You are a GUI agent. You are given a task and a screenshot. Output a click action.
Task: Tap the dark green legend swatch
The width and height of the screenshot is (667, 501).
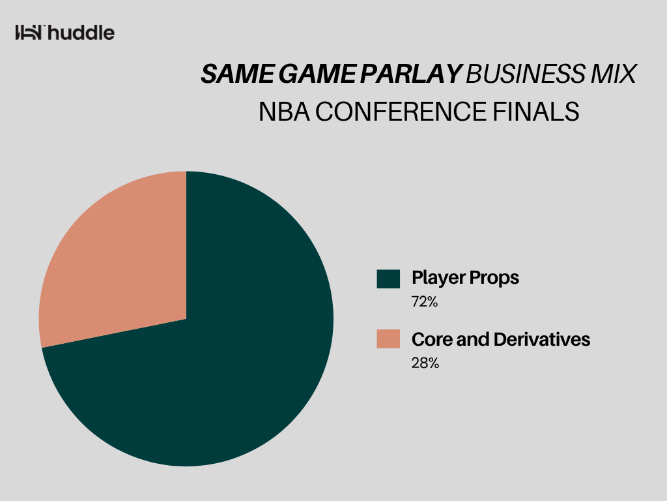(388, 279)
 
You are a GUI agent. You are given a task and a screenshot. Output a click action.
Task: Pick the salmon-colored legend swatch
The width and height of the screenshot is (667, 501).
(388, 339)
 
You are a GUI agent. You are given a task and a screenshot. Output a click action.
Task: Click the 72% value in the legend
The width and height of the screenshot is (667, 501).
(425, 301)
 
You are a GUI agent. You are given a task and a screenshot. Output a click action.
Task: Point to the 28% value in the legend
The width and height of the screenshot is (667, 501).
(425, 363)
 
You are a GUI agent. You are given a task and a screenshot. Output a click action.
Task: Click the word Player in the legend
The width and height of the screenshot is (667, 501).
(438, 278)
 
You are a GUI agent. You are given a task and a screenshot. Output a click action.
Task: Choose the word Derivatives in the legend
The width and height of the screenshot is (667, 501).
(543, 339)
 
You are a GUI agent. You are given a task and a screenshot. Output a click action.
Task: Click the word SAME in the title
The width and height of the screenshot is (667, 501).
(237, 74)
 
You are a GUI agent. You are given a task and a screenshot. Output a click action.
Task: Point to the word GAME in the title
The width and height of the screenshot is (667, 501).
(317, 74)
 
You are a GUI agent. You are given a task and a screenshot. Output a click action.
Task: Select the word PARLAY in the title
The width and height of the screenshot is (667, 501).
(411, 74)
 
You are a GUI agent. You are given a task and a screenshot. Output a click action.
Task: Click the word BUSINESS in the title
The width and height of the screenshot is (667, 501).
(526, 74)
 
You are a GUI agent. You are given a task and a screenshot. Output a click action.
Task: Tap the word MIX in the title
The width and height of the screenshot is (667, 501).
(614, 74)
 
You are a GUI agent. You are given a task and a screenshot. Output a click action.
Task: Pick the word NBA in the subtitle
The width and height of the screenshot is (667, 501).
(284, 112)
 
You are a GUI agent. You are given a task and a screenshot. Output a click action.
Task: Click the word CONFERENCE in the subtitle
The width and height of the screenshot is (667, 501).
(401, 112)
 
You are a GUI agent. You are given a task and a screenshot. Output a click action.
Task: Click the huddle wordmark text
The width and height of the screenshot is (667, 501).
(81, 33)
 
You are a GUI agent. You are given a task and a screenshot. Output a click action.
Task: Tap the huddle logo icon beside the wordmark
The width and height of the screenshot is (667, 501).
(29, 33)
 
